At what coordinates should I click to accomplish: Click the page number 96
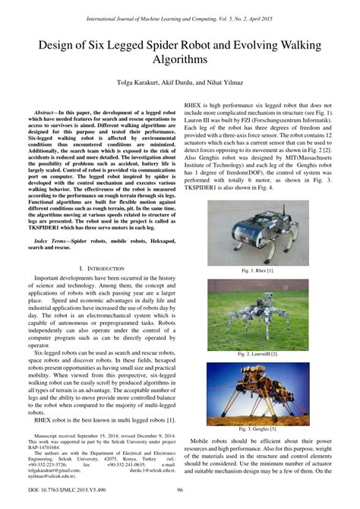tap(180, 491)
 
